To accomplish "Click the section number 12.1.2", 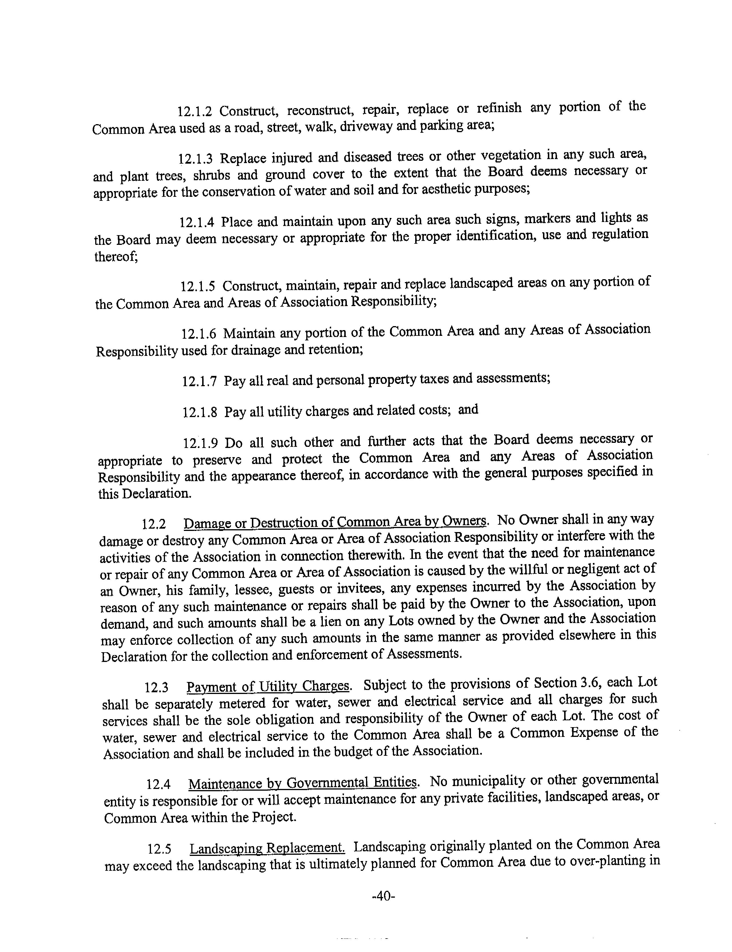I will [x=194, y=112].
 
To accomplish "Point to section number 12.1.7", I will [x=199, y=382].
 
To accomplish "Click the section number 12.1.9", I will [x=200, y=444].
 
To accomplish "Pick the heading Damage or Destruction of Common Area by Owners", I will [x=335, y=522].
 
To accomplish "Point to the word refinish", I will [x=499, y=108].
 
